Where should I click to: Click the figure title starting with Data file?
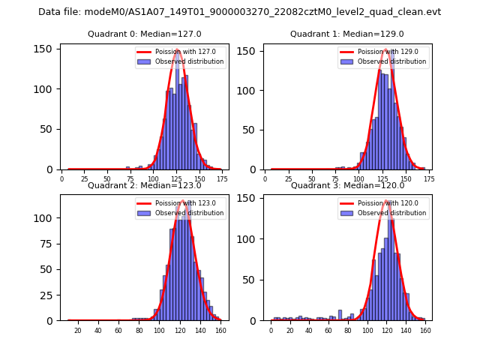pyautogui.click(x=239, y=12)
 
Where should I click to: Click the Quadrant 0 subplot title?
pyautogui.click(x=144, y=34)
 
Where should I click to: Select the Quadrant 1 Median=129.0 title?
pyautogui.click(x=346, y=34)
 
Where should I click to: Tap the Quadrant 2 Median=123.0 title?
pyautogui.click(x=144, y=185)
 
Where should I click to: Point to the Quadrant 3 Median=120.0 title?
pyautogui.click(x=346, y=185)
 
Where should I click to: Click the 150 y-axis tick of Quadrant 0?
pyautogui.click(x=46, y=49)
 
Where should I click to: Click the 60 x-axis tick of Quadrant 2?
pyautogui.click(x=118, y=331)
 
